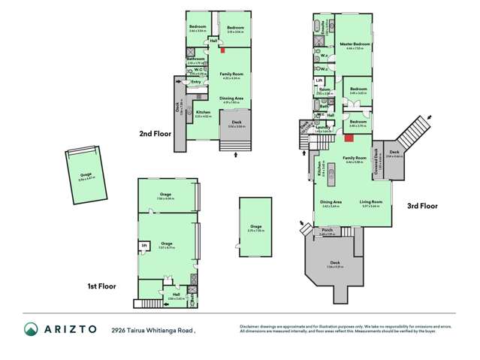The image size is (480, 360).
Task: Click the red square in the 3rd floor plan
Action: tap(349, 138)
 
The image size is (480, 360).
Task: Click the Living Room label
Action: tap(373, 201)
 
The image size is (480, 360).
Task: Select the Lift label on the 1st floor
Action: tap(143, 244)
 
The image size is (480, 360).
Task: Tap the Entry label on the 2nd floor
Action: tap(196, 82)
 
